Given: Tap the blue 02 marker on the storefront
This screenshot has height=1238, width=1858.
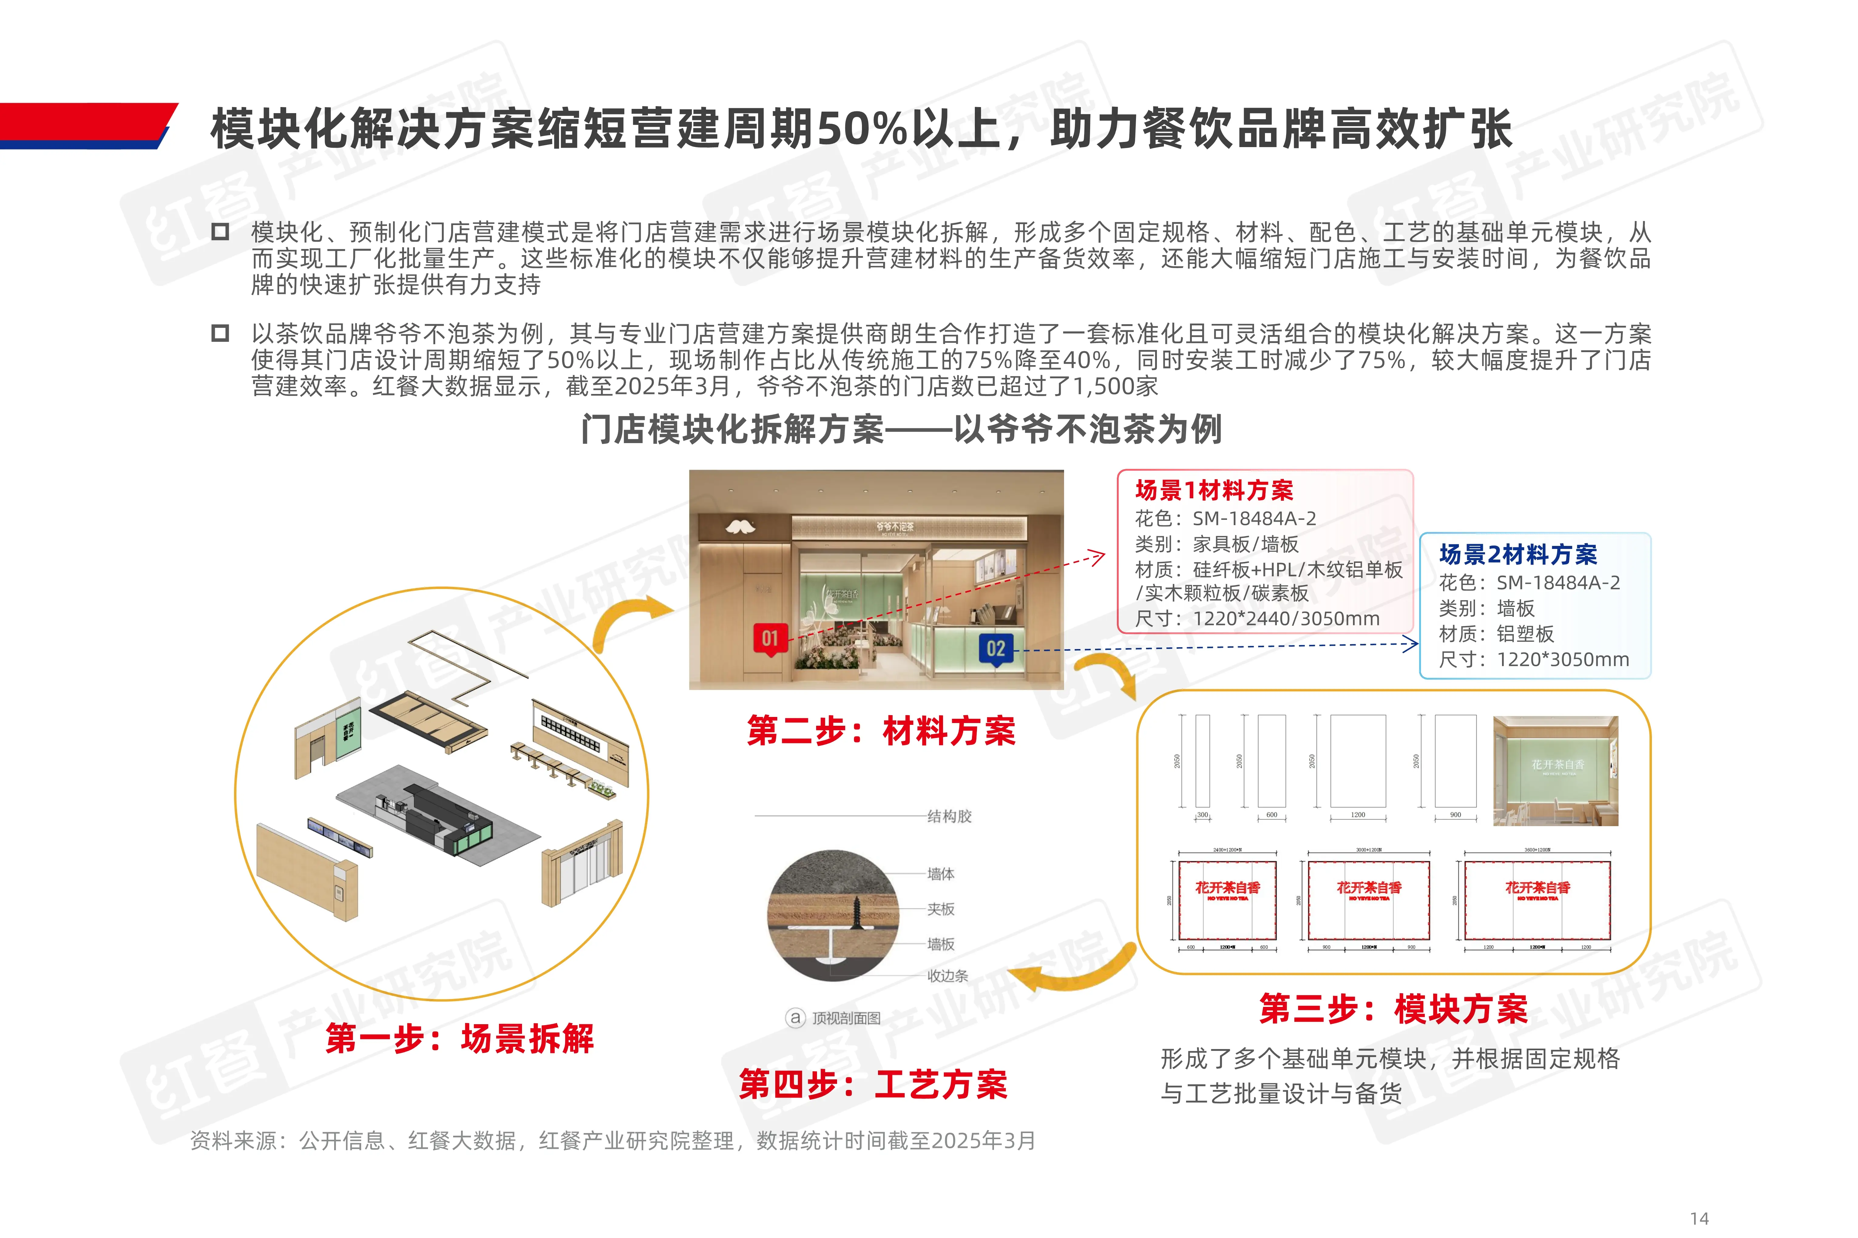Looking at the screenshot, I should (995, 649).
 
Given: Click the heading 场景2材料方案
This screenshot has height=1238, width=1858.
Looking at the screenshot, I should (1517, 554).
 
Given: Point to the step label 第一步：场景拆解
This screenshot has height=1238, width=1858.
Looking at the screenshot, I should (460, 1038).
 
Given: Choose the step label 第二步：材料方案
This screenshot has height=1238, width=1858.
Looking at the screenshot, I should (881, 730).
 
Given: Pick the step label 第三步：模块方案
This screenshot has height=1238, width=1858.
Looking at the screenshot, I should (1394, 1009).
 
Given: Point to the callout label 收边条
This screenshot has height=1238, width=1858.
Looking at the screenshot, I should (947, 976).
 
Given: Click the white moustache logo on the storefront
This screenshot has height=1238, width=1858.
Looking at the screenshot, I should (740, 526).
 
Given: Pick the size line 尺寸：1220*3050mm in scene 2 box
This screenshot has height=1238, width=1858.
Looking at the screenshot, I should (1533, 659).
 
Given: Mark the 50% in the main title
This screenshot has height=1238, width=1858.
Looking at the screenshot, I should (861, 129).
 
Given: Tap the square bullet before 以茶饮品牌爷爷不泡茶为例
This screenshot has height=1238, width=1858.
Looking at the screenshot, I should (220, 333).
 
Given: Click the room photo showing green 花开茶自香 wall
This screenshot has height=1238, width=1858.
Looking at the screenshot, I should (1555, 771).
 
